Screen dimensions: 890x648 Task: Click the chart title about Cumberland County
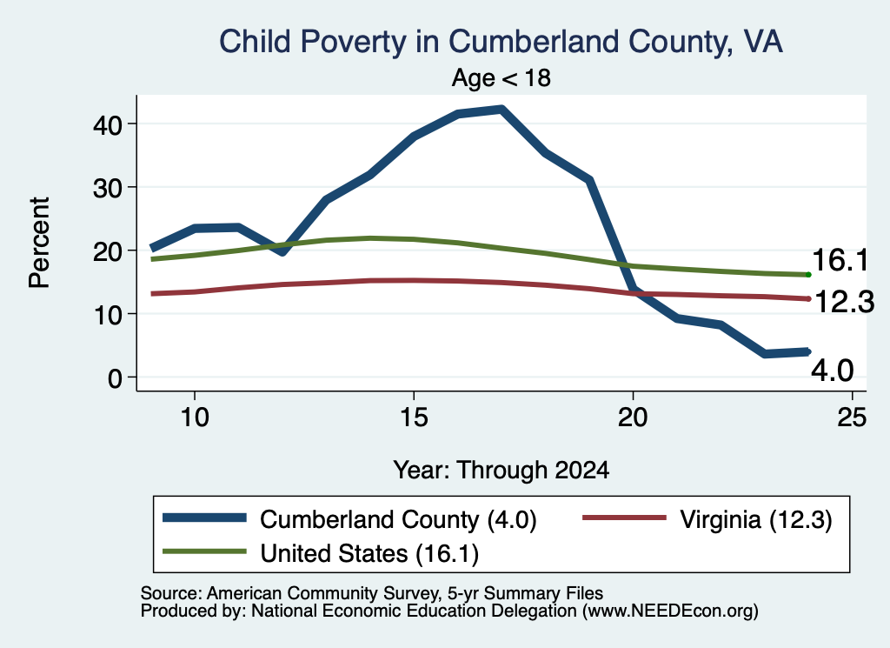coord(501,42)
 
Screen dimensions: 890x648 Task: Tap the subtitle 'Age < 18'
coord(501,77)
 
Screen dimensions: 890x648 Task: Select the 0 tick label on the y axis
coord(115,377)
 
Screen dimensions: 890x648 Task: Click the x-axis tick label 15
coord(414,418)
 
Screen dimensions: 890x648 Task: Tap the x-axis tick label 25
coord(852,418)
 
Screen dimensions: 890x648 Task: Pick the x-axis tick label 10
coord(195,418)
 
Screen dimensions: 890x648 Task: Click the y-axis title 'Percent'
coord(39,243)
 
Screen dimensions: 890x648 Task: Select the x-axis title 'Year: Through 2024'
coord(501,471)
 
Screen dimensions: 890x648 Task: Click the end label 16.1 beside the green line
coord(840,260)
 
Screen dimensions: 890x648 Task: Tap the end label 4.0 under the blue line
coord(832,371)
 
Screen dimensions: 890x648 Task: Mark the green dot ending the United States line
coord(808,275)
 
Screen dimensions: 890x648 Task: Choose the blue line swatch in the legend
coord(204,518)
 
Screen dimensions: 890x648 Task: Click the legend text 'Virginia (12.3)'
coord(756,519)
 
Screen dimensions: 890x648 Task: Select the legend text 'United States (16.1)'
coord(369,553)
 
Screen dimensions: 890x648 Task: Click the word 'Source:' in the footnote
coord(171,593)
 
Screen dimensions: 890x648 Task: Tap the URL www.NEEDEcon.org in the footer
coord(670,611)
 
